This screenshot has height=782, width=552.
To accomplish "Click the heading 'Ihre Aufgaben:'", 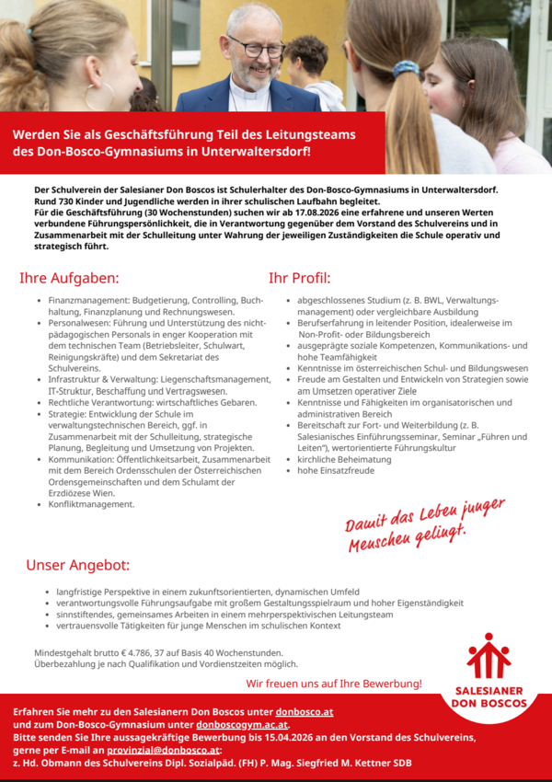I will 69,278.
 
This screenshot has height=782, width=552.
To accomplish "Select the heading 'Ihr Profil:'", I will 299,278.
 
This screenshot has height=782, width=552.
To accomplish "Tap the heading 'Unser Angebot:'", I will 77,564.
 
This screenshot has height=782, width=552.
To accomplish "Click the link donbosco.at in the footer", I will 305,712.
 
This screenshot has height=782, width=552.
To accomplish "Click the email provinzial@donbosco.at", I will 169,751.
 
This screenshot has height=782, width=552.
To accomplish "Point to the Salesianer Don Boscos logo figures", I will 489,656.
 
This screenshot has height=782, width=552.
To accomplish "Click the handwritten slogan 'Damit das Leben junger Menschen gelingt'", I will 425,527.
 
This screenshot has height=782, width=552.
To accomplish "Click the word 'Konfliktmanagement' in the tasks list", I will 91,504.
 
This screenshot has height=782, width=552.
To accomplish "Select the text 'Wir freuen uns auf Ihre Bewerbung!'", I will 334,684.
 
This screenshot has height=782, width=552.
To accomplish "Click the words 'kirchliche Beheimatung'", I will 344,458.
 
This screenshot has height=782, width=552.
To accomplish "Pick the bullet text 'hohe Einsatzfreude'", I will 336,470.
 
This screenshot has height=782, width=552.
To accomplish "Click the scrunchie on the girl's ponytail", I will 406,69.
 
